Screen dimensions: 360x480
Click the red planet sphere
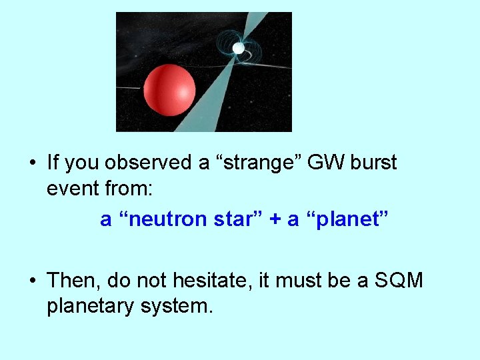(169, 89)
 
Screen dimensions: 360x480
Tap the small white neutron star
(238, 48)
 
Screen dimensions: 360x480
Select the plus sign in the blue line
(274, 219)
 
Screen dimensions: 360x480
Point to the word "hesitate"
(211, 280)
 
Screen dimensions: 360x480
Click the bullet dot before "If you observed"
(32, 163)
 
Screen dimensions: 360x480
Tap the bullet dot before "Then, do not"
(32, 281)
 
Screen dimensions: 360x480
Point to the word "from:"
(131, 190)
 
